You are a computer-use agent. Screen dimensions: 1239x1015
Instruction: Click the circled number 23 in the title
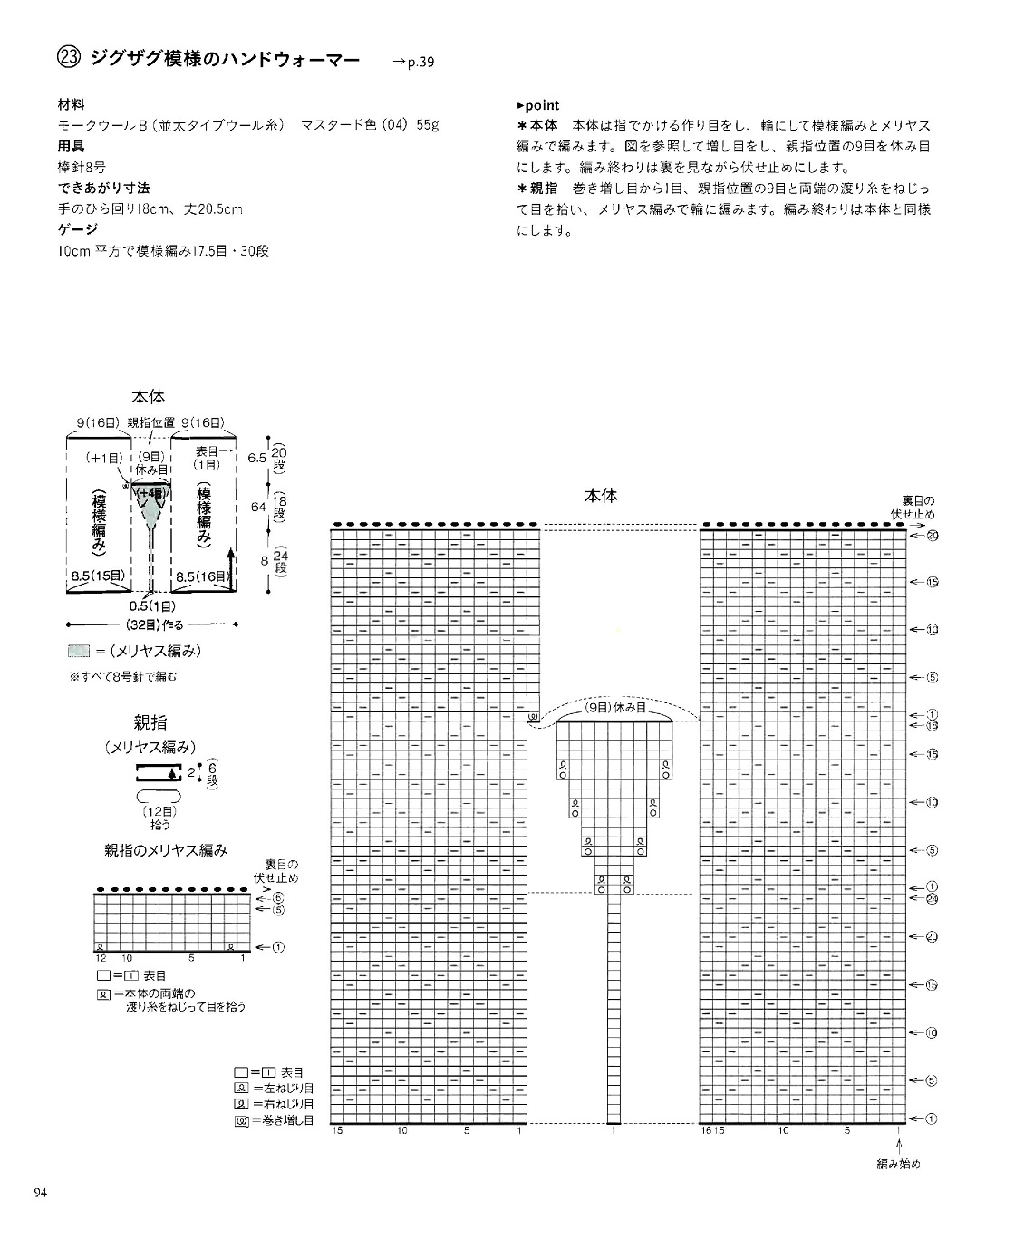(69, 59)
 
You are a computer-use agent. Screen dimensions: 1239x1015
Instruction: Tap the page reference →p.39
(413, 63)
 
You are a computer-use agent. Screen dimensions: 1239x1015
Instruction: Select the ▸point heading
(537, 106)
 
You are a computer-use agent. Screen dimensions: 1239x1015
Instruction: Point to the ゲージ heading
(75, 229)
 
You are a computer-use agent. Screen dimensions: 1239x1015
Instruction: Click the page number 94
(40, 1192)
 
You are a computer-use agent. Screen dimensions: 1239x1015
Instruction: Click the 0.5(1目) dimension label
(152, 606)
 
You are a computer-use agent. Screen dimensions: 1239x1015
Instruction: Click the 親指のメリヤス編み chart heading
(165, 850)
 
